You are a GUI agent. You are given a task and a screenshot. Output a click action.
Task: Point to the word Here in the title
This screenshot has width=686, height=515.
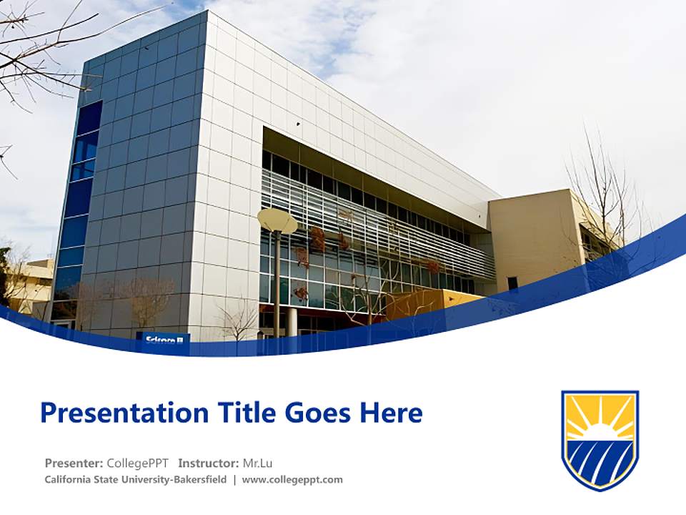click(x=391, y=413)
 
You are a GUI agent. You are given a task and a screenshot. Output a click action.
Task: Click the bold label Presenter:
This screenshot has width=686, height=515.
click(x=74, y=463)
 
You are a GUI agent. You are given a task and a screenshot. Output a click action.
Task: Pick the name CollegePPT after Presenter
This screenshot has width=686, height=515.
click(x=137, y=463)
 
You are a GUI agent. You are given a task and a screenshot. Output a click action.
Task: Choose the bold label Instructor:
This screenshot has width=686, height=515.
click(x=209, y=463)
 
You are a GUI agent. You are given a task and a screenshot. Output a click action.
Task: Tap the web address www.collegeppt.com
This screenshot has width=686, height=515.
click(x=292, y=480)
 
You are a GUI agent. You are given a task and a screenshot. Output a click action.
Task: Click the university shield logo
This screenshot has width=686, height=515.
click(x=600, y=439)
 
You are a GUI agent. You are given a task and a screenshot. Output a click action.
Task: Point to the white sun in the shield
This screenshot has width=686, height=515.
click(x=600, y=432)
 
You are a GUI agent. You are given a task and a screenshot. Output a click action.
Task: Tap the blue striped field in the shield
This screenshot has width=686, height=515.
click(x=600, y=461)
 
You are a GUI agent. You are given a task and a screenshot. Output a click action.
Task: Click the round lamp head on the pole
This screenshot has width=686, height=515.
click(x=277, y=221)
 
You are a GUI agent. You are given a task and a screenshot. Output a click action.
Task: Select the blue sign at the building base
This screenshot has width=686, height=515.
click(x=164, y=339)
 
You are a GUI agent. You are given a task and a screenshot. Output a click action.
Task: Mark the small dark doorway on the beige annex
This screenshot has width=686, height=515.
click(x=512, y=283)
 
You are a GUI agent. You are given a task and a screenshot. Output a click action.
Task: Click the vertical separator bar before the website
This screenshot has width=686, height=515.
click(x=234, y=480)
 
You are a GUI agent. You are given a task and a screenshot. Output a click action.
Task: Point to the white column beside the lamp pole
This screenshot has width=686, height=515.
click(x=292, y=321)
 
